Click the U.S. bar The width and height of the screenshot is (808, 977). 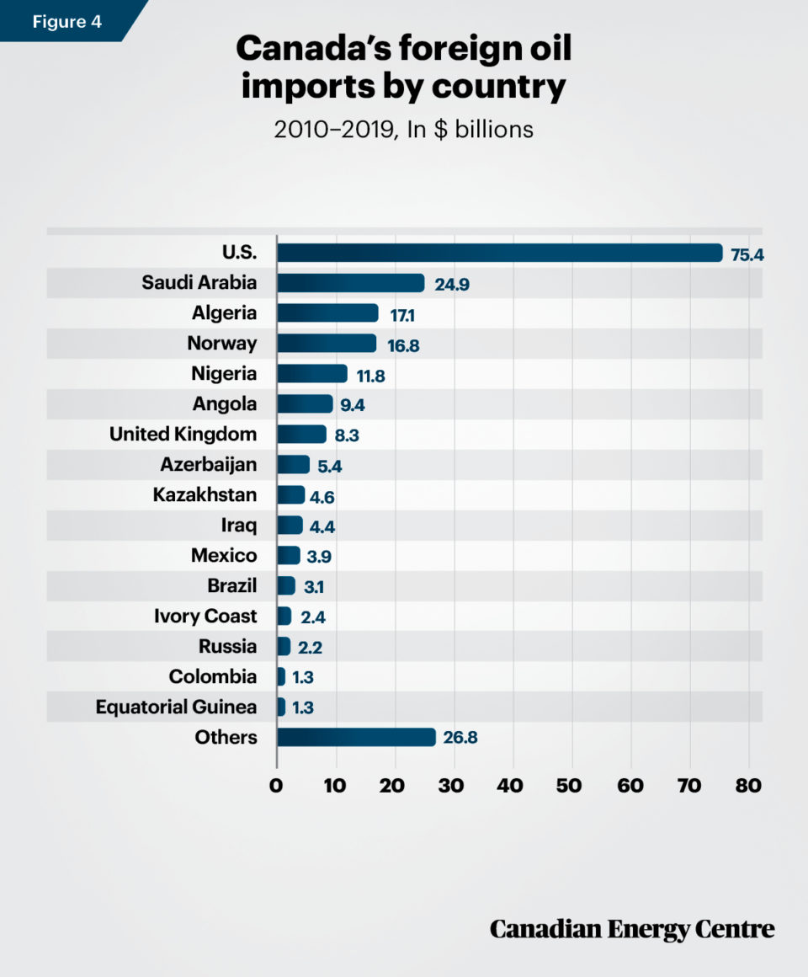(499, 253)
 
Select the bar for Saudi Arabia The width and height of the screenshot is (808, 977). (350, 283)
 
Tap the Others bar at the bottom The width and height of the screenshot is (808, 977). (356, 738)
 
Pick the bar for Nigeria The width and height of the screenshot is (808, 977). (311, 374)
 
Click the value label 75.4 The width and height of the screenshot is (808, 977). (747, 254)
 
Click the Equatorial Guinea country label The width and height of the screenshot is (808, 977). (176, 707)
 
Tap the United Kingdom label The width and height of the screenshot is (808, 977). (183, 435)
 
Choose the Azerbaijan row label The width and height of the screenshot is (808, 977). (209, 465)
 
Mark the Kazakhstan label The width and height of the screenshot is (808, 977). (205, 495)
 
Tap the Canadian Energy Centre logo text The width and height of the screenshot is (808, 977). (631, 929)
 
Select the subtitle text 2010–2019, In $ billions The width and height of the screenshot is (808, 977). (404, 131)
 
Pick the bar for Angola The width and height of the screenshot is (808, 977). (305, 404)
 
